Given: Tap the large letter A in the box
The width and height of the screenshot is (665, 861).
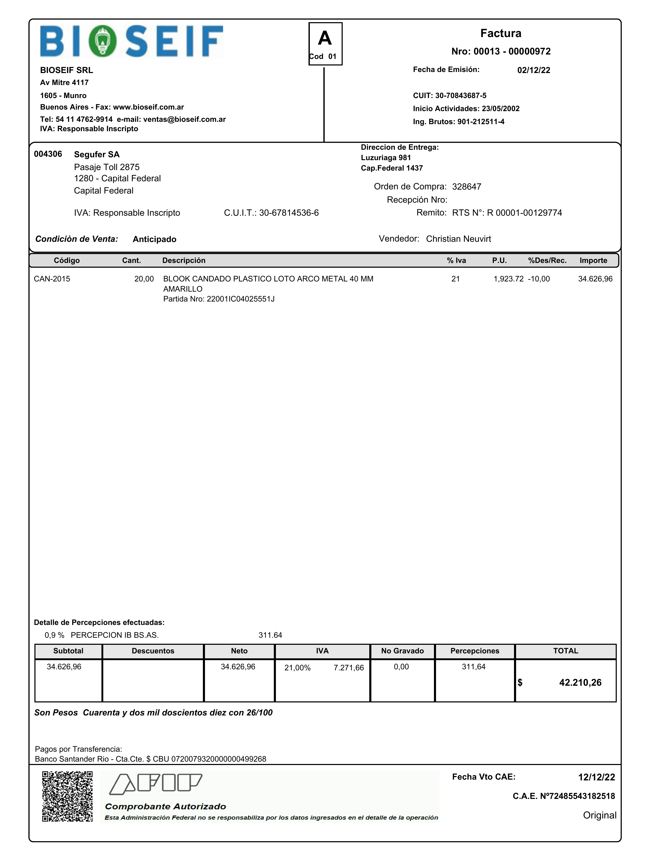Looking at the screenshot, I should click(x=325, y=38).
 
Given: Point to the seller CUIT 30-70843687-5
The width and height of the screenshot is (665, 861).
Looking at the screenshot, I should click(x=461, y=95).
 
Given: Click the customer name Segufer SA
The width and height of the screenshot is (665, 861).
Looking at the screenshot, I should click(x=96, y=154).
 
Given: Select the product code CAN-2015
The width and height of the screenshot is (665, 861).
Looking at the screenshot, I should click(x=52, y=279).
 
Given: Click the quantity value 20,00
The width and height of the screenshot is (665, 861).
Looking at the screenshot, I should click(x=144, y=279).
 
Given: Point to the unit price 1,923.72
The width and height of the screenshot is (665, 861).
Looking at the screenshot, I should click(x=508, y=279).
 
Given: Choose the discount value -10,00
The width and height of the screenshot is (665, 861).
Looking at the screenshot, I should click(x=539, y=279).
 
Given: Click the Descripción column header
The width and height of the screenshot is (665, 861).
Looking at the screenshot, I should click(x=184, y=261).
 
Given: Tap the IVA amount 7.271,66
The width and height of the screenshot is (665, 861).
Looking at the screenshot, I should click(x=348, y=667).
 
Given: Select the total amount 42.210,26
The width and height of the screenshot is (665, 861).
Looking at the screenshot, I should click(x=580, y=682).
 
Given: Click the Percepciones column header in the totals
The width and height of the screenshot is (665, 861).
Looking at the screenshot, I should click(x=475, y=651).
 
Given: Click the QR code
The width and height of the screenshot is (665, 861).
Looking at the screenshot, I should click(x=67, y=796).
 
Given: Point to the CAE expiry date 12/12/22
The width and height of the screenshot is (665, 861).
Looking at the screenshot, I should click(x=596, y=777).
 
